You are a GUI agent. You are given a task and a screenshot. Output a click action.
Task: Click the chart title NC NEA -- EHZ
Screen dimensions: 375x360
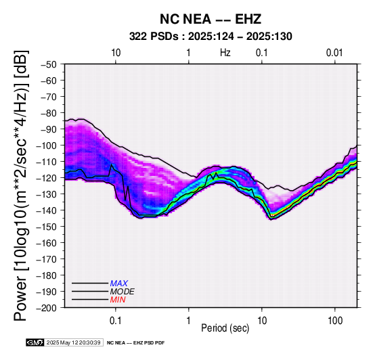(x=211, y=19)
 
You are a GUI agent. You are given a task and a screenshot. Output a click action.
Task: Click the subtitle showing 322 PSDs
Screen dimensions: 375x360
(x=211, y=37)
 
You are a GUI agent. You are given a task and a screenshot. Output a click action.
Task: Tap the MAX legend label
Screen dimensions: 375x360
(x=119, y=284)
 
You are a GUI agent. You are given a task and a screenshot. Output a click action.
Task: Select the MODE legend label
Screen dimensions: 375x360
(x=123, y=292)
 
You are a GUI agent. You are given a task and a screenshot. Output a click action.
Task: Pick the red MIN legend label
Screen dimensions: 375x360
(x=118, y=300)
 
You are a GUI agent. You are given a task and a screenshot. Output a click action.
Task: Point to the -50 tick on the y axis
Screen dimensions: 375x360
(x=49, y=64)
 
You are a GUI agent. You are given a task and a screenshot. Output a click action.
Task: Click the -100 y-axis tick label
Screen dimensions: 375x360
(x=47, y=145)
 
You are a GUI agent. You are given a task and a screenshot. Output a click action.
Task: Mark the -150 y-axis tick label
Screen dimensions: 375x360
(x=47, y=227)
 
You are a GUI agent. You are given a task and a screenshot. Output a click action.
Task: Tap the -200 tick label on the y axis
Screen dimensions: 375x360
(x=47, y=308)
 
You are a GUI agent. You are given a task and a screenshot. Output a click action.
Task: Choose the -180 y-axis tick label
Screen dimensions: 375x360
(x=47, y=275)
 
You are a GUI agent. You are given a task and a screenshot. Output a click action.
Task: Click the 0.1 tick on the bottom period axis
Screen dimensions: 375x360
(x=116, y=321)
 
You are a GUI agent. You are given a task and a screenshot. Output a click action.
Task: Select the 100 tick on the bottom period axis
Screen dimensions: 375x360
(x=335, y=321)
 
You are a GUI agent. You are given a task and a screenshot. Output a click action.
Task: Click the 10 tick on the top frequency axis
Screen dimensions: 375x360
(x=116, y=53)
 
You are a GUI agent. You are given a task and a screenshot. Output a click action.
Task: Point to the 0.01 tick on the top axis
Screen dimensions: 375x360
(x=334, y=53)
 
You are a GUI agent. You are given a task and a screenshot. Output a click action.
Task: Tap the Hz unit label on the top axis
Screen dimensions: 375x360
(x=225, y=53)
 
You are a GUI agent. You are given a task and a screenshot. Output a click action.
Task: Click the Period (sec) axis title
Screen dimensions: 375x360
(x=225, y=328)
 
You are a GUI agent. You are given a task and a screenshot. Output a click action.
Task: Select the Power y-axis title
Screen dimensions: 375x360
(x=21, y=185)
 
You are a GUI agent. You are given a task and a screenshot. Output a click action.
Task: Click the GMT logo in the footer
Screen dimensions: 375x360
(x=35, y=342)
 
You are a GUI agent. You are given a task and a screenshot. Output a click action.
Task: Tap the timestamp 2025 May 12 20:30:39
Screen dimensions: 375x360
(x=73, y=342)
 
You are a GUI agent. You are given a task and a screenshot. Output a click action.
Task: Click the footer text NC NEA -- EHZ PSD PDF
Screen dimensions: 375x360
(x=136, y=343)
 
